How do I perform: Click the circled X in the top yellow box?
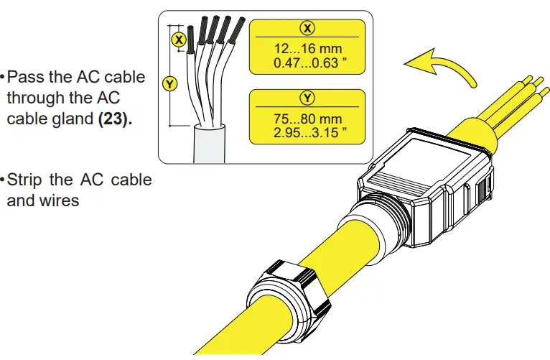(x=307, y=28)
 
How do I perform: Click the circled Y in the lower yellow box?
(x=307, y=97)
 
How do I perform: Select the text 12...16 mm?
(x=307, y=48)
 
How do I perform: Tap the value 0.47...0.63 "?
(x=307, y=62)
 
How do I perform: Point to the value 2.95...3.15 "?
(x=307, y=131)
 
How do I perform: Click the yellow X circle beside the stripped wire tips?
(x=180, y=39)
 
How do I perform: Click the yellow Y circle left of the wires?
(x=170, y=85)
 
